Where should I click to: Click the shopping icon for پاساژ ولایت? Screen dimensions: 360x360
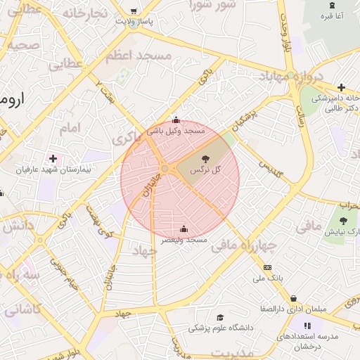click(134, 9)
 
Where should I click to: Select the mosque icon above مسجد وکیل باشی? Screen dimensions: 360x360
click(176, 120)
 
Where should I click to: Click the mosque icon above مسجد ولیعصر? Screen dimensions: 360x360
click(184, 229)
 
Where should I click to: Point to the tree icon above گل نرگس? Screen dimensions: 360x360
click(205, 160)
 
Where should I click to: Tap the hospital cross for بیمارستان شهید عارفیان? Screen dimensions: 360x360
click(53, 159)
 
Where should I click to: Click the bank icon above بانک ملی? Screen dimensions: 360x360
click(267, 268)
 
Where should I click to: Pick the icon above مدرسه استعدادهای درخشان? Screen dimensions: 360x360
click(307, 325)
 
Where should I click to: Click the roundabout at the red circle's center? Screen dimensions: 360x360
click(164, 169)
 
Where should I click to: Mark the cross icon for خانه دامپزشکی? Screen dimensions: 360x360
click(341, 88)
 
